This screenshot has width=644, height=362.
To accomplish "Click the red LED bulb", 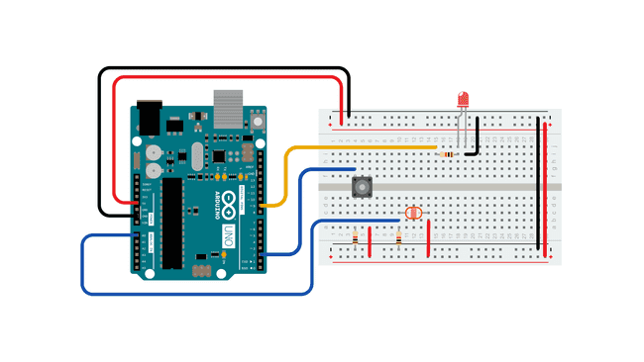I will click(x=463, y=100).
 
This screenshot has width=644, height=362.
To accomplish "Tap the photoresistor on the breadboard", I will click(x=414, y=212).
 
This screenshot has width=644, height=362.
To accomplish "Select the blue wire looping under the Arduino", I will click(x=198, y=294).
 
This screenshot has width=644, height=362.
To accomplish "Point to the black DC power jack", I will click(x=148, y=116).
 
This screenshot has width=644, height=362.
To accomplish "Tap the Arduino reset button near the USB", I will click(x=259, y=121).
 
